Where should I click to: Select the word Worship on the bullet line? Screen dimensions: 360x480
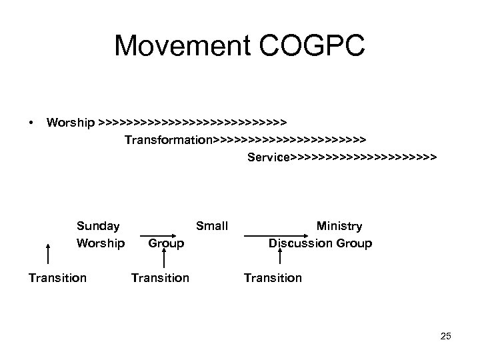70,123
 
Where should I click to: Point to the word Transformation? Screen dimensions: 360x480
168,140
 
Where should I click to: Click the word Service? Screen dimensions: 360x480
269,158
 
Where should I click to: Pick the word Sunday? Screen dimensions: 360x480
99,226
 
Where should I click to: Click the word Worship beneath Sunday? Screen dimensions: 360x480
101,243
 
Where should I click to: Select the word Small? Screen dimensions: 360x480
212,226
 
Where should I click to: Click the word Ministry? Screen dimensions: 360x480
339,226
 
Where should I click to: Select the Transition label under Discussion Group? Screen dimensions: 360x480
273,277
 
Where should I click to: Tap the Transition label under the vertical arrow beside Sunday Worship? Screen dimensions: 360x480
57,277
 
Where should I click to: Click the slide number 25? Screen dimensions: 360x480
445,336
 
